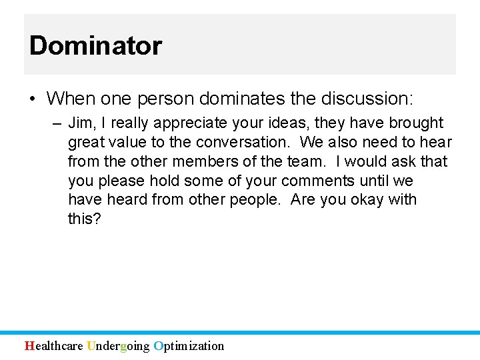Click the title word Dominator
[95, 46]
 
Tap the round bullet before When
[32, 99]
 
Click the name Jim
[80, 123]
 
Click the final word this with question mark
[85, 219]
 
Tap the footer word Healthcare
[54, 345]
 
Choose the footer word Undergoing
[118, 345]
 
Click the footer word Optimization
[189, 345]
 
